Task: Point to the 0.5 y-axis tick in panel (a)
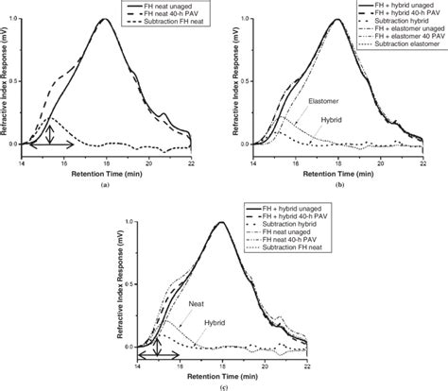pos(21,82)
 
